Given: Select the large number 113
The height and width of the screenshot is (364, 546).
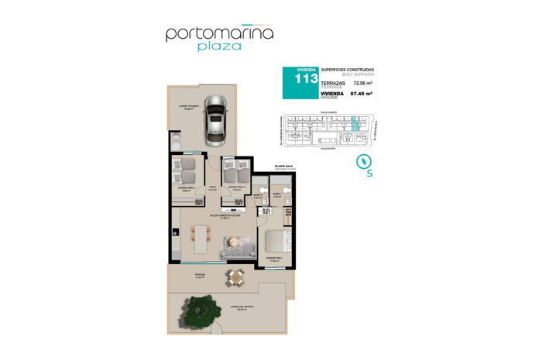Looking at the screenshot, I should [x=300, y=79].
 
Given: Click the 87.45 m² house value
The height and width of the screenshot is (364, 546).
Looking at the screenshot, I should [x=362, y=93].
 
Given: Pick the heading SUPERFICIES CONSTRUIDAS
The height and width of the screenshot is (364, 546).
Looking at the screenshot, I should [x=345, y=69].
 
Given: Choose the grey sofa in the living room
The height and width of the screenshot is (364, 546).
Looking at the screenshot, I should [x=239, y=249].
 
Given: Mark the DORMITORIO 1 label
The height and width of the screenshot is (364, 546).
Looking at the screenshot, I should [x=273, y=259].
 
